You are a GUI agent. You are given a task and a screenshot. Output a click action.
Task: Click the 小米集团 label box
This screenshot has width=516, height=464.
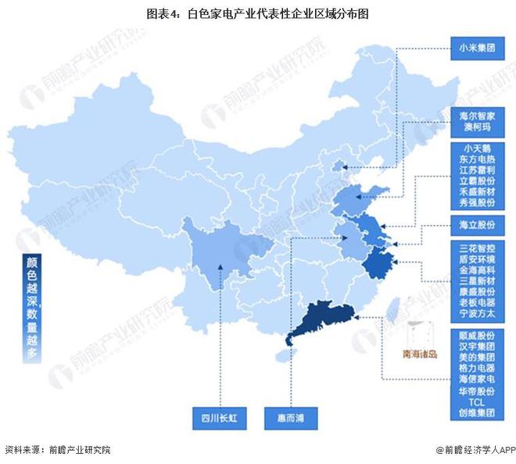pyautogui.click(x=478, y=47)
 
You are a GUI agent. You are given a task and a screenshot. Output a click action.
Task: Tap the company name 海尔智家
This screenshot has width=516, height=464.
pyautogui.click(x=478, y=115)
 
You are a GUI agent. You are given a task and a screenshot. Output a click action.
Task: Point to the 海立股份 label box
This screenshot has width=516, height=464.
pyautogui.click(x=478, y=225)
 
